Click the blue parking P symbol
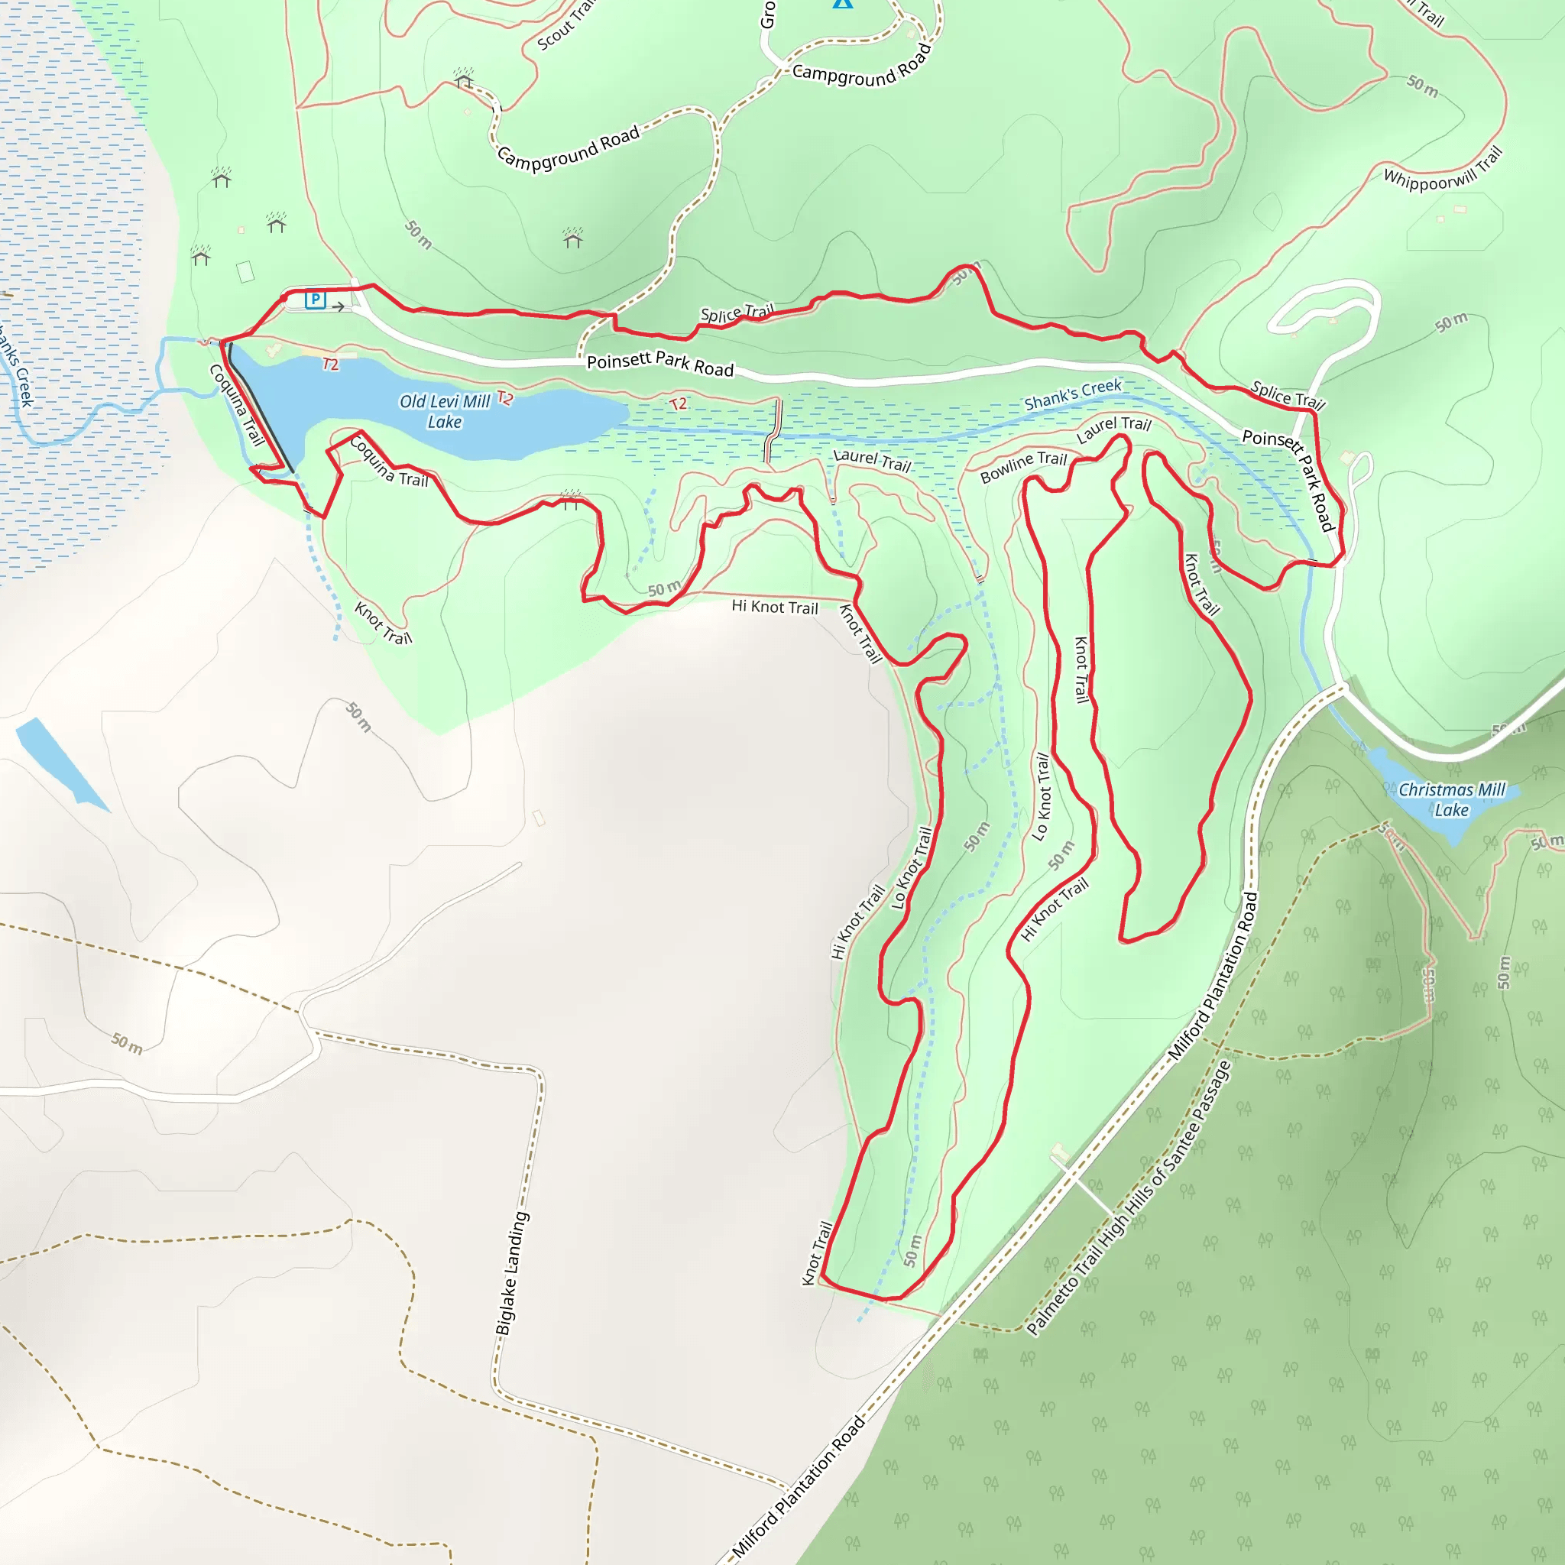(315, 300)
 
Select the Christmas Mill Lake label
(1452, 799)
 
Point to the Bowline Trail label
(1023, 468)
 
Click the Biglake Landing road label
(512, 1273)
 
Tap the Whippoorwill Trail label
(1443, 168)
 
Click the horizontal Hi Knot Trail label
(774, 607)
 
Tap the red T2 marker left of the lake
(330, 365)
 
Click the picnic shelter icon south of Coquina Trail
(570, 500)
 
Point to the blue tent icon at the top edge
(842, 3)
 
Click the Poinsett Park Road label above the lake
(660, 365)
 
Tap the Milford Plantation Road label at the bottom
(798, 1487)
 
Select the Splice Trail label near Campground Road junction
(737, 313)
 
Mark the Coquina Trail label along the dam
(237, 405)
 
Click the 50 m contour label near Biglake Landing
(127, 1043)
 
